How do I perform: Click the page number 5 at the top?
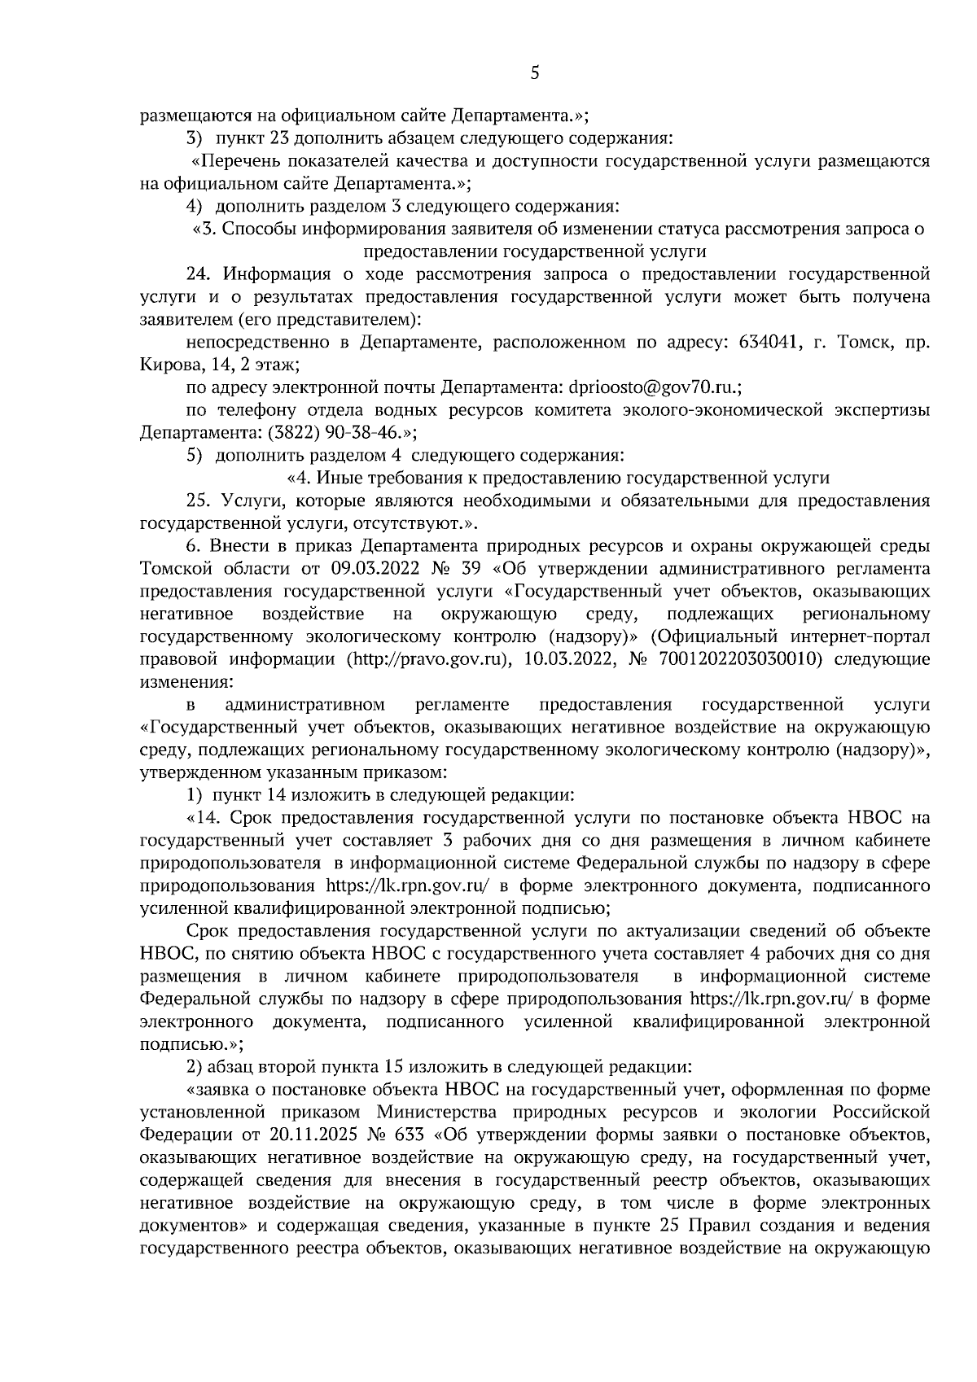[534, 73]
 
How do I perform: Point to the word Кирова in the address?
[167, 365]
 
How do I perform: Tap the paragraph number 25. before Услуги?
[200, 500]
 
